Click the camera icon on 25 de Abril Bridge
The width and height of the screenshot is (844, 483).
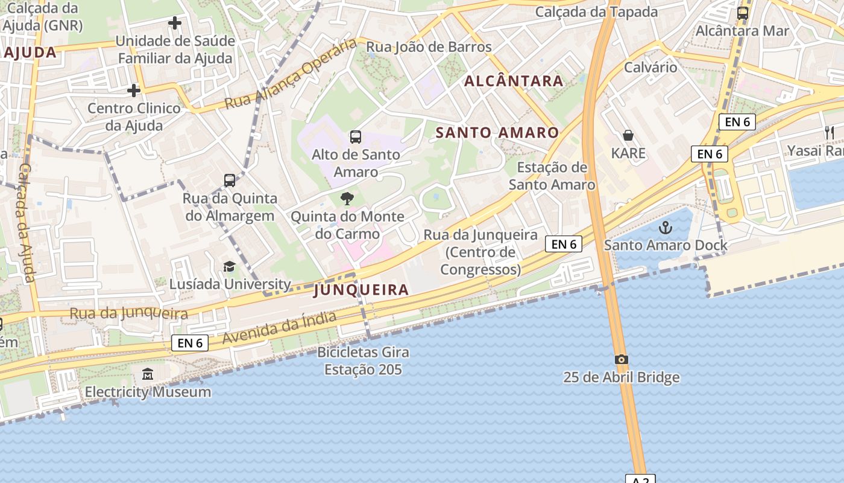[x=622, y=360]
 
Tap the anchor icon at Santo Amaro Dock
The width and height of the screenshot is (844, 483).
[x=666, y=228]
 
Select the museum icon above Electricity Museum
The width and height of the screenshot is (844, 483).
[x=148, y=374]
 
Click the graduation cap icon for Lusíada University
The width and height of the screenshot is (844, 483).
[x=229, y=267]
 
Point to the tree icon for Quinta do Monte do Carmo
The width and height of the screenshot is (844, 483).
[x=347, y=198]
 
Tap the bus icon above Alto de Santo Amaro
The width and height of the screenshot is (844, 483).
[x=356, y=137]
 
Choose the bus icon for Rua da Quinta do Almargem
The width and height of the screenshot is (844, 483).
[x=230, y=180]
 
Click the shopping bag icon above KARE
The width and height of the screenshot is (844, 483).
[x=628, y=135]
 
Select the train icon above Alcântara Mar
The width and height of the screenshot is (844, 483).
[x=743, y=13]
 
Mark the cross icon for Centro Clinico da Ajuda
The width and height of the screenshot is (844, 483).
[x=134, y=91]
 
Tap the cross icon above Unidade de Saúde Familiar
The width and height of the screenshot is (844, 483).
[x=175, y=24]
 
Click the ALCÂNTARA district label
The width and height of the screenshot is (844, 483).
[x=514, y=81]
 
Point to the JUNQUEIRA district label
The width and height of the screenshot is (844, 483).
[x=361, y=290]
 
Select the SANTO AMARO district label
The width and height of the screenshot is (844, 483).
[x=497, y=133]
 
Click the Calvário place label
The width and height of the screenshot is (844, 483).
[x=650, y=67]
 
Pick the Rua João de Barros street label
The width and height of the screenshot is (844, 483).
[x=429, y=47]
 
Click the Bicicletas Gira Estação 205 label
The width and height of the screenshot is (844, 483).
[x=363, y=360]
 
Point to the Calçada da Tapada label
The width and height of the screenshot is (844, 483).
[x=596, y=11]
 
